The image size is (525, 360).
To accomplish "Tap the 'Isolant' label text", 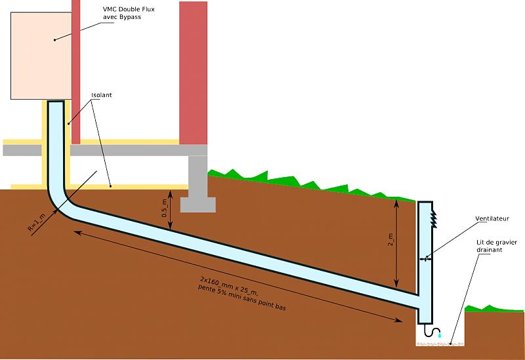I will (x=101, y=95).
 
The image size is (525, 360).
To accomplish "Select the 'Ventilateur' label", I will (x=492, y=218).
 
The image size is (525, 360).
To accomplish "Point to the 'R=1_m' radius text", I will (x=37, y=220).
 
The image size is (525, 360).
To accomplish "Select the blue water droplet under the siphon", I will (x=440, y=336).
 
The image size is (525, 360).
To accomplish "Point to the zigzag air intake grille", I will (x=434, y=216).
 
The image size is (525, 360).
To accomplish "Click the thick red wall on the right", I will (x=194, y=72).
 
